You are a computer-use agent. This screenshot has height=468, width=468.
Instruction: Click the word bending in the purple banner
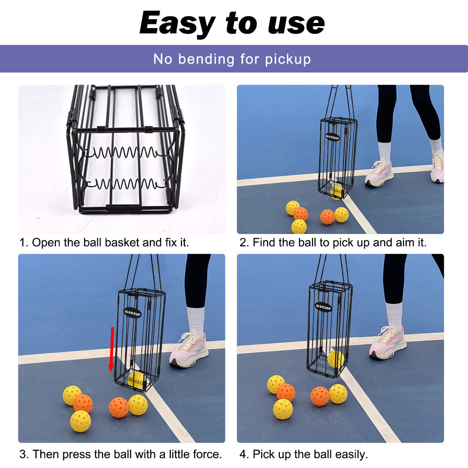tap(206, 59)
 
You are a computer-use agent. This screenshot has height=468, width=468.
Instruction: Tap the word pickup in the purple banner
tap(288, 59)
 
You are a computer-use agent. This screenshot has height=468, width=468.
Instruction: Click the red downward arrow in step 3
tap(112, 349)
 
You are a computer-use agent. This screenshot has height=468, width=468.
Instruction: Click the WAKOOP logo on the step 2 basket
tap(332, 137)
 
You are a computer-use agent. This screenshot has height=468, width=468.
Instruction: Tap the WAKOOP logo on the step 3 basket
tap(132, 313)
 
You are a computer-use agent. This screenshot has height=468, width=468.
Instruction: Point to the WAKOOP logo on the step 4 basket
tap(323, 307)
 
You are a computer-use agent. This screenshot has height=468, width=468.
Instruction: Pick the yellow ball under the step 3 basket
tap(136, 380)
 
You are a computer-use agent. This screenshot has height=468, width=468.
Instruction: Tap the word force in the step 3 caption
tap(207, 454)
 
